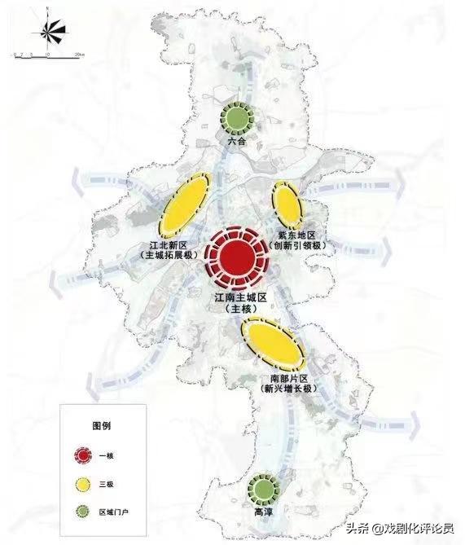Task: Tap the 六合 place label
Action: click(237, 142)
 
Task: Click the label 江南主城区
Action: click(241, 299)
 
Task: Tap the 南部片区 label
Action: click(287, 379)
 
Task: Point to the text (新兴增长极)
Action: click(287, 390)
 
